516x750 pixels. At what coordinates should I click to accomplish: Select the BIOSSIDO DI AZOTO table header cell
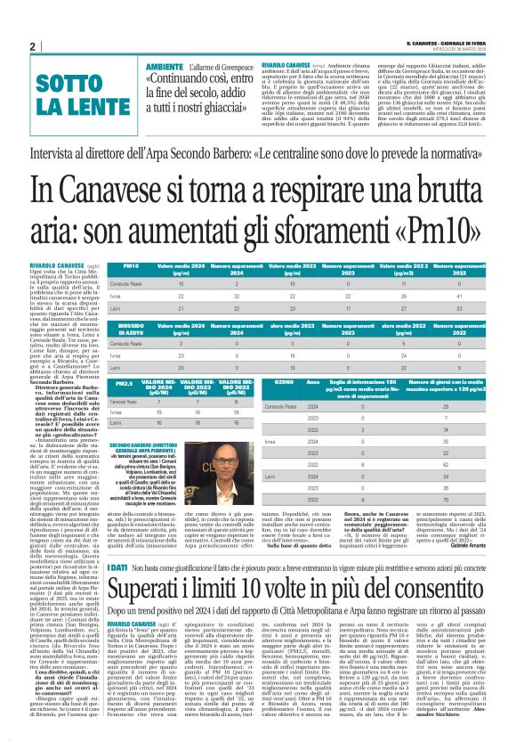click(133, 329)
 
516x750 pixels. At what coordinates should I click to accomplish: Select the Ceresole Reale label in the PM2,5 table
click(125, 403)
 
